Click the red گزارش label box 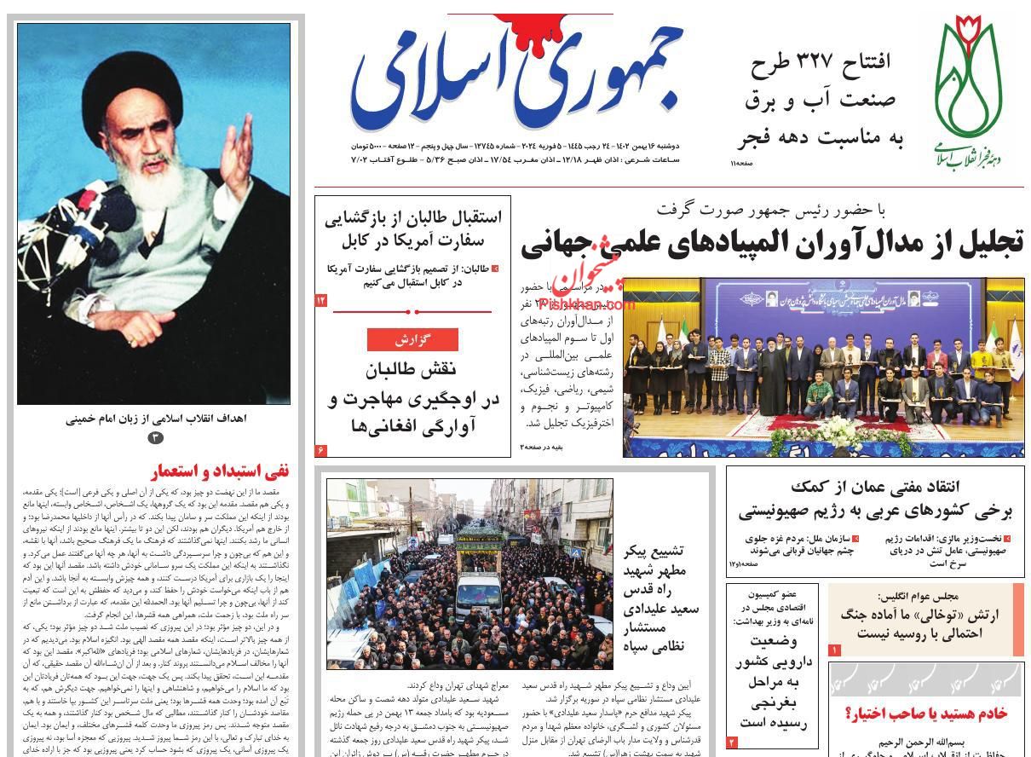point(412,339)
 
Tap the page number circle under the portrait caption point(154,437)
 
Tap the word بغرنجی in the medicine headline point(771,702)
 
